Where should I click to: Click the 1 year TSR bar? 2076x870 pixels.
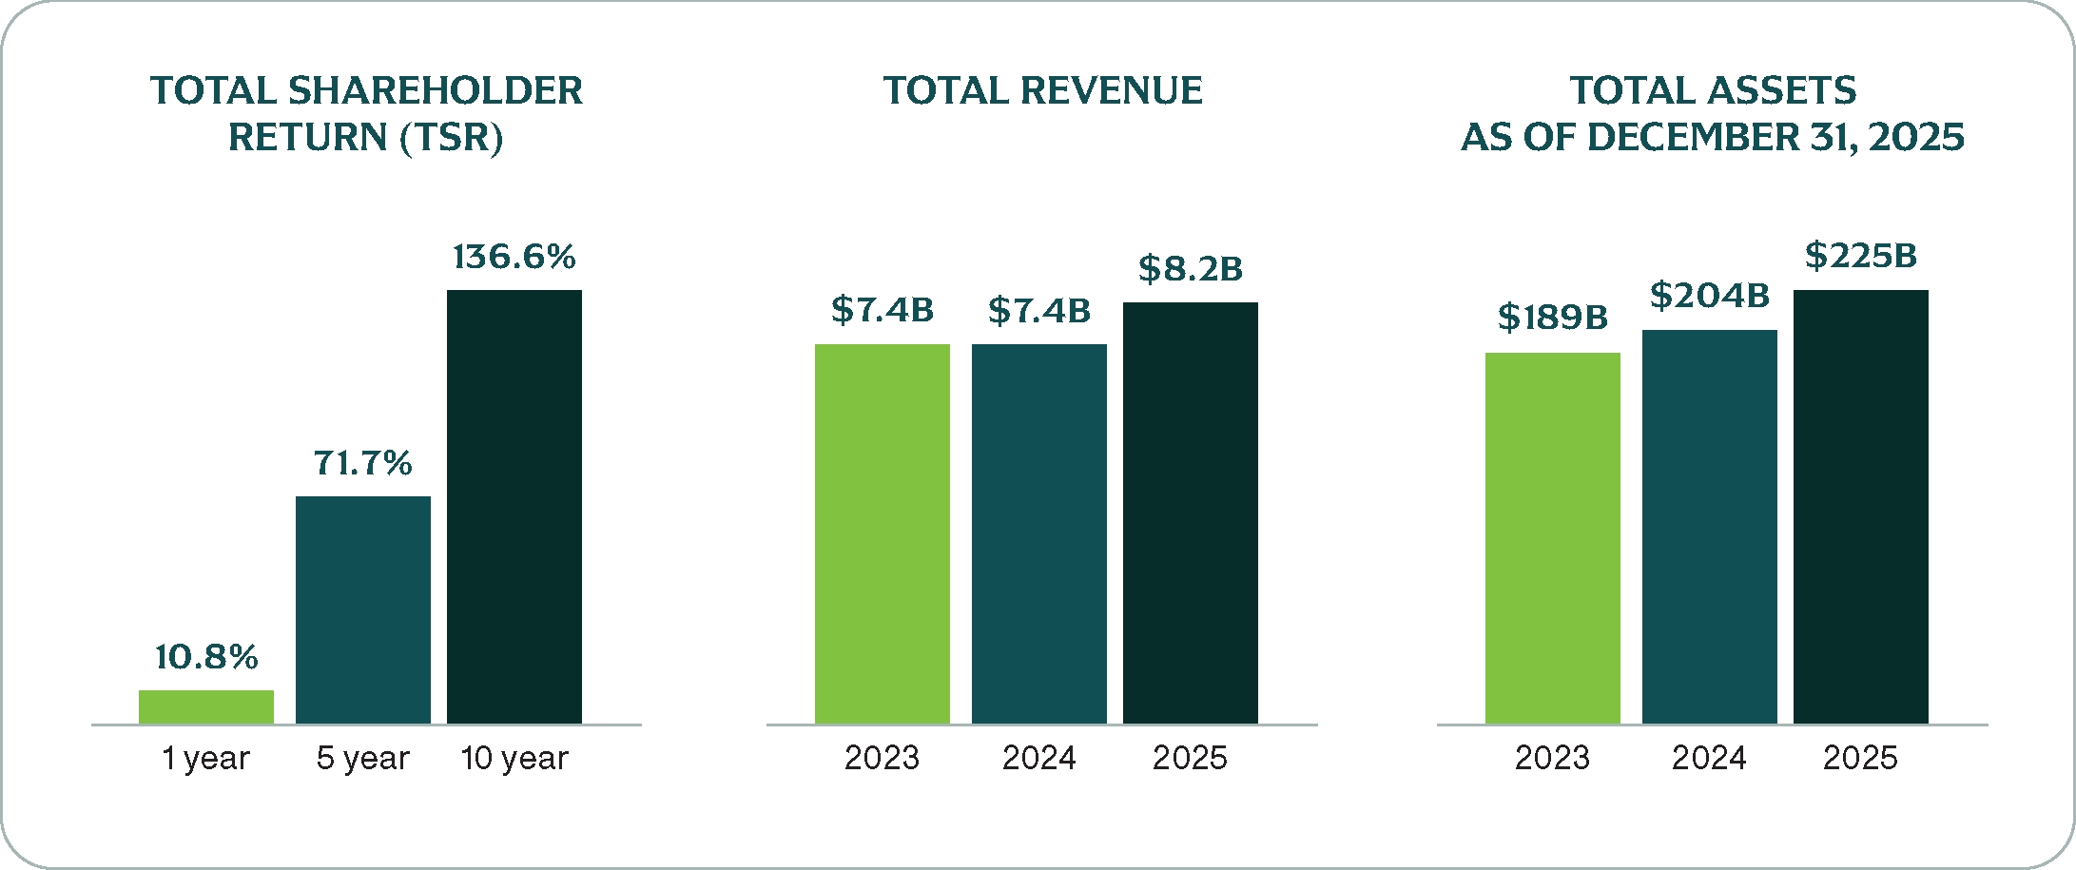[x=206, y=706]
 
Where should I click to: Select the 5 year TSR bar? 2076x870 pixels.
[x=363, y=609]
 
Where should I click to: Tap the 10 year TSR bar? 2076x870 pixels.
[x=514, y=507]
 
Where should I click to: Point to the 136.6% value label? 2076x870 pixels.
[x=514, y=257]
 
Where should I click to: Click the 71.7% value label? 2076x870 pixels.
[x=363, y=463]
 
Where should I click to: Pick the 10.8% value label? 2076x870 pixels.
[x=206, y=657]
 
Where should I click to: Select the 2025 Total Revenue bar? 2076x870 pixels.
[x=1191, y=513]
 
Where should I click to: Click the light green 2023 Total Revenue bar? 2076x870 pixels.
[x=883, y=533]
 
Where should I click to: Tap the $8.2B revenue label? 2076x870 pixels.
[x=1191, y=269]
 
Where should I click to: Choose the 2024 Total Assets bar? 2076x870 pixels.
[x=1710, y=527]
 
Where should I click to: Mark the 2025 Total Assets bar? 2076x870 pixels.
[x=1861, y=507]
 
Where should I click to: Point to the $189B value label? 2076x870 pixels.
[x=1553, y=318]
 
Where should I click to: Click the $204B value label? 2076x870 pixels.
[x=1710, y=296]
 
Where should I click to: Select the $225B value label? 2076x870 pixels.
[x=1861, y=256]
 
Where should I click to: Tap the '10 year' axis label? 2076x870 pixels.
[x=514, y=758]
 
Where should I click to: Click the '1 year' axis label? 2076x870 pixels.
[x=206, y=758]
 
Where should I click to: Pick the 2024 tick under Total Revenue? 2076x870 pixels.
[x=1039, y=758]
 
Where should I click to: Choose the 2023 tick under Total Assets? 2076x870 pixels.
[x=1553, y=758]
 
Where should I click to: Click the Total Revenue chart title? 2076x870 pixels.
[x=1043, y=91]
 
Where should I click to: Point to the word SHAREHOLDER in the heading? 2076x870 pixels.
[x=436, y=91]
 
